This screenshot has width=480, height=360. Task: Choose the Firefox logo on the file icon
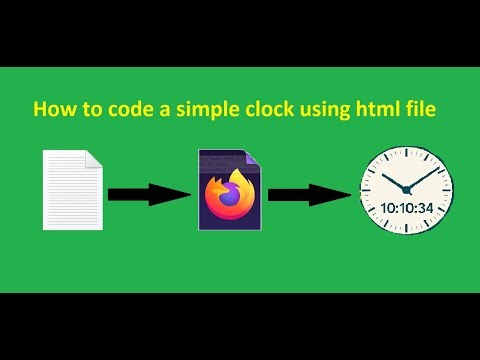pos(230,196)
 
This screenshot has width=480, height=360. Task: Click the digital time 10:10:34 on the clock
pos(407,208)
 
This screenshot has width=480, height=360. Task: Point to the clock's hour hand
pos(396,180)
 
